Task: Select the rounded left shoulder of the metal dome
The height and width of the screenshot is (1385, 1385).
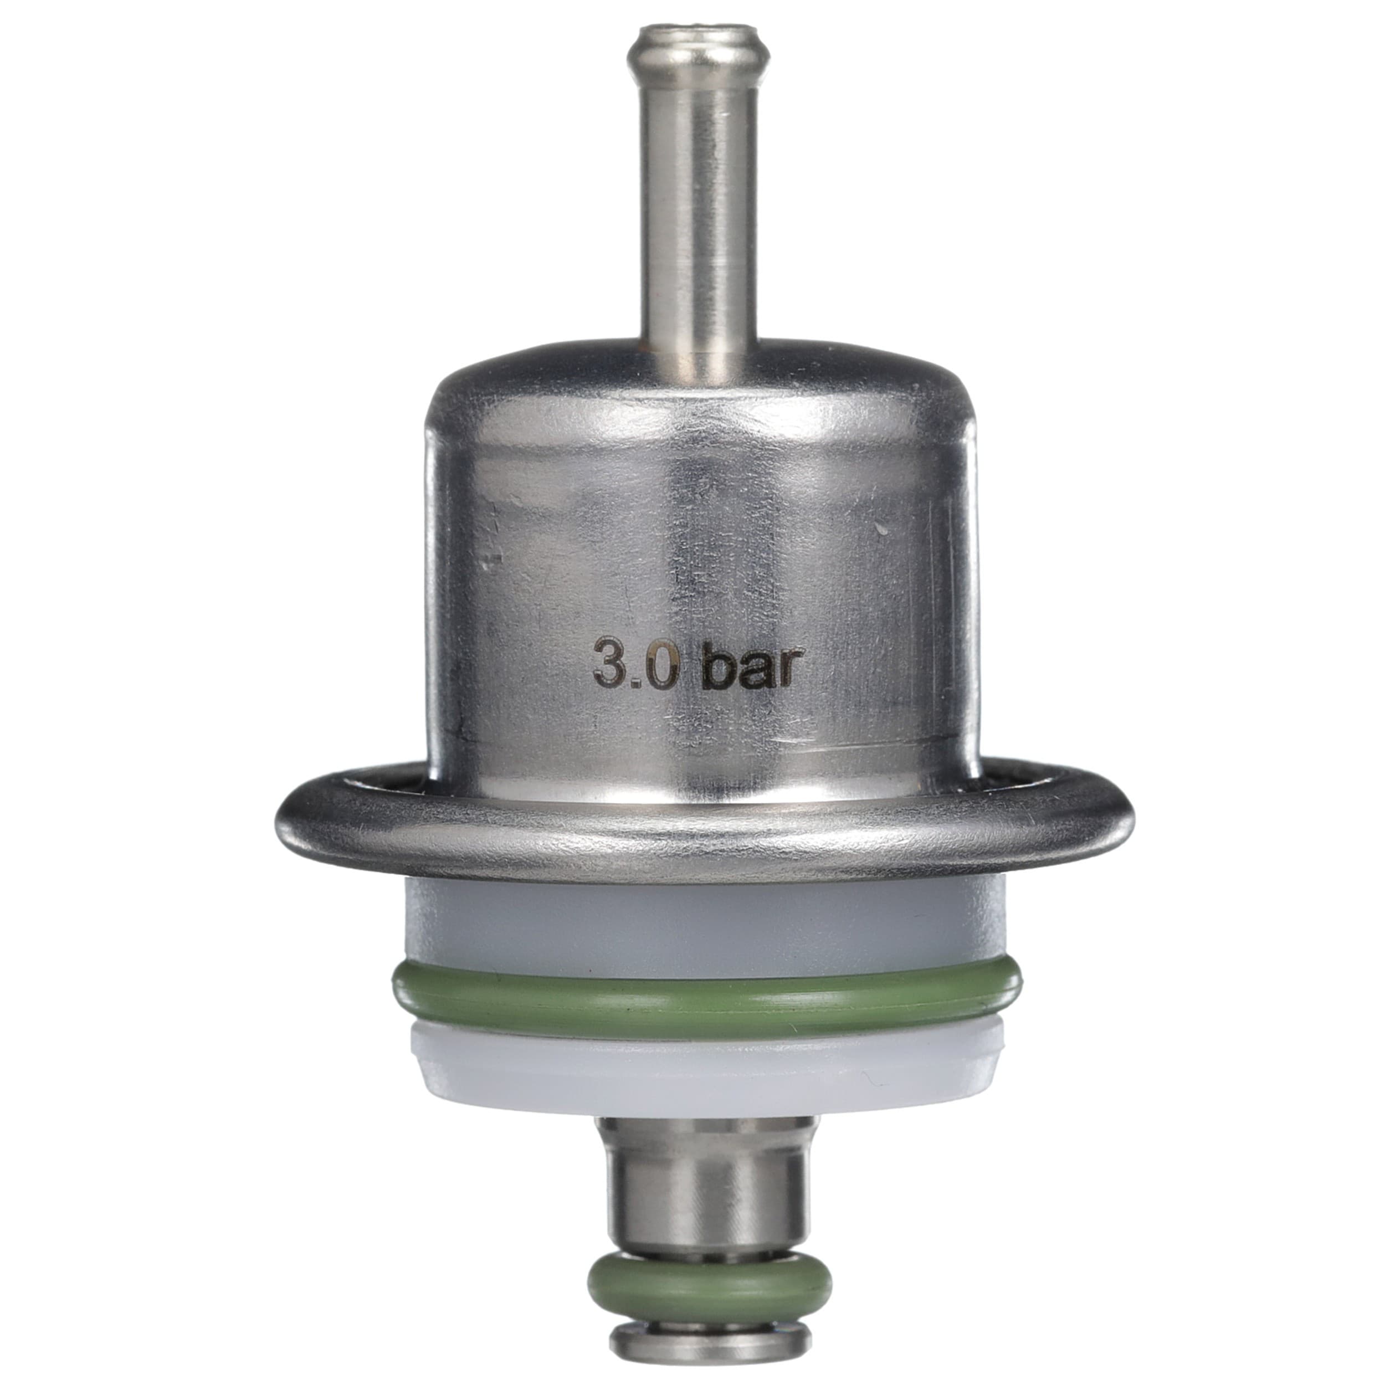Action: pos(448,409)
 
